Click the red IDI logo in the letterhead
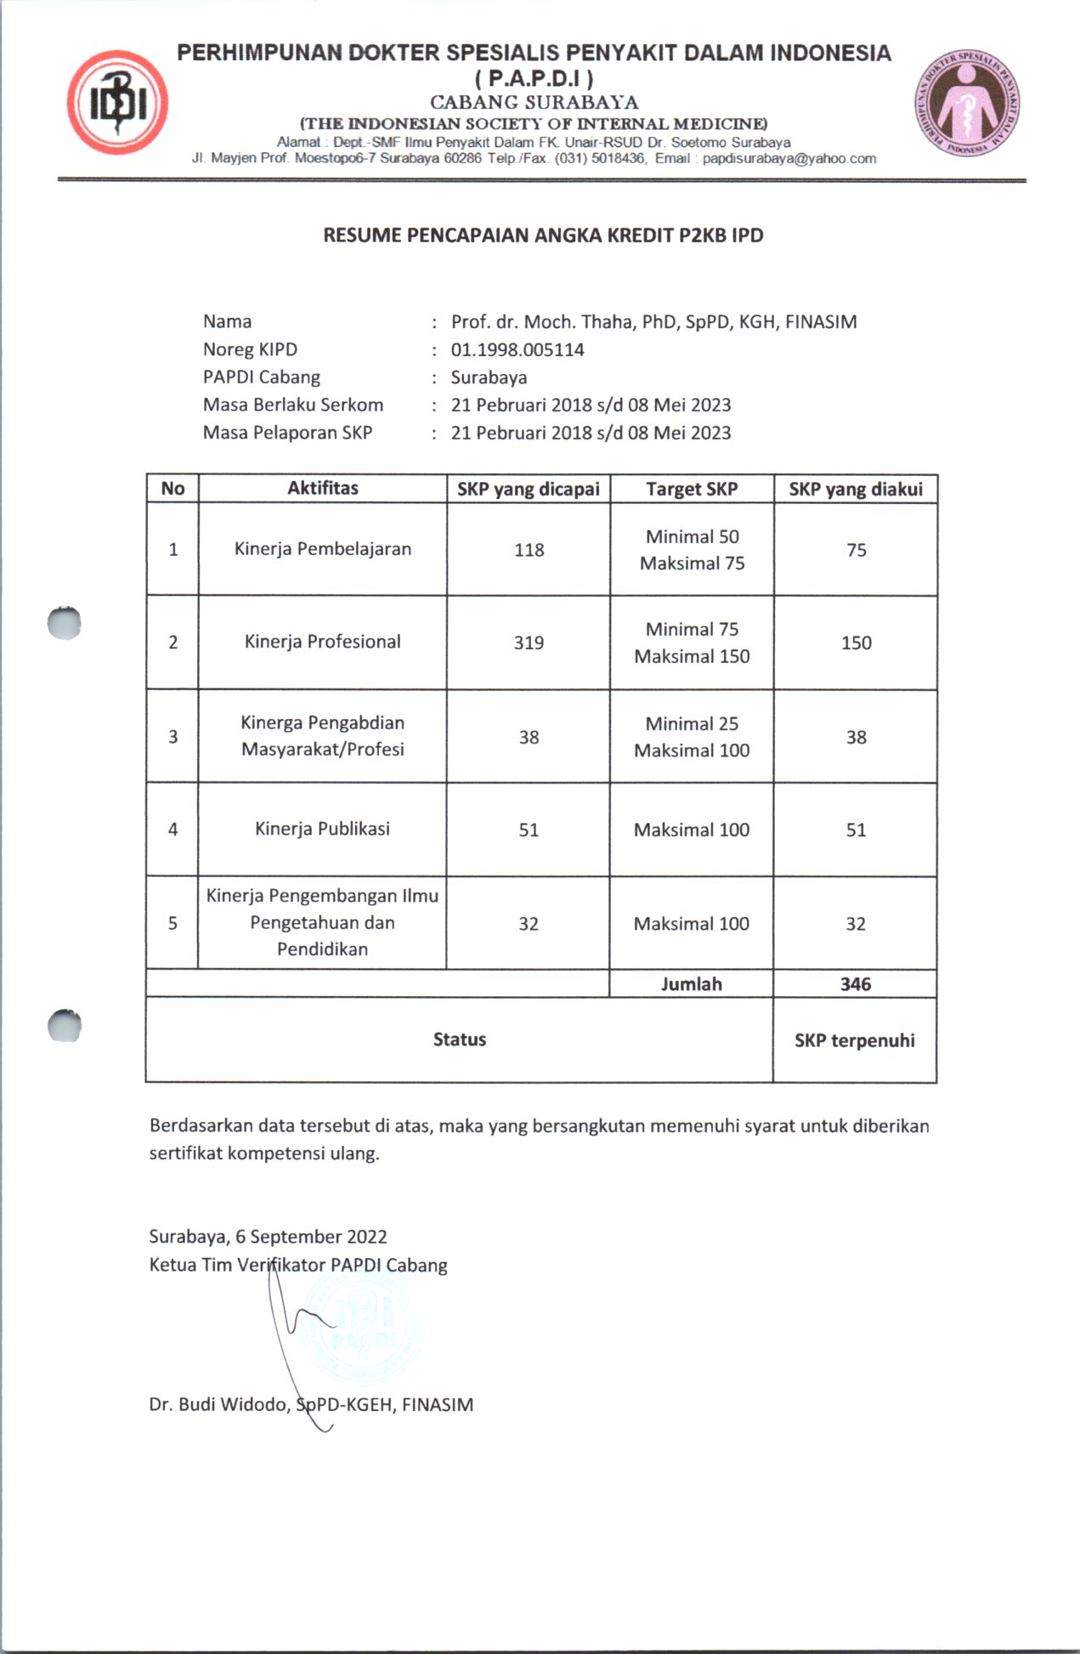(x=117, y=102)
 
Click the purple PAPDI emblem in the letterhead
(x=967, y=104)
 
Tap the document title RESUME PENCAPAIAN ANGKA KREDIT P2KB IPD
(x=543, y=235)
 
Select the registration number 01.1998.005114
(x=517, y=349)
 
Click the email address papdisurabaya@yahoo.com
(x=789, y=158)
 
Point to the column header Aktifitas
(x=323, y=488)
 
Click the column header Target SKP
(x=692, y=489)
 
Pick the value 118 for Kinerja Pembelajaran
(x=529, y=550)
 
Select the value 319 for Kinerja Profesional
(x=529, y=643)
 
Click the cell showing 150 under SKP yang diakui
(x=856, y=643)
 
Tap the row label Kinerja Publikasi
(x=323, y=829)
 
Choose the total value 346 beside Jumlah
(x=856, y=984)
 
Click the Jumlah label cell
(x=692, y=984)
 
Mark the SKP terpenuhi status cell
(x=855, y=1040)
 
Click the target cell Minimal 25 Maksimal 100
(x=692, y=737)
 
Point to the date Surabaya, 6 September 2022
(x=269, y=1237)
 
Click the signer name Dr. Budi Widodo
(x=219, y=1404)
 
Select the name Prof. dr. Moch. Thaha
(x=543, y=322)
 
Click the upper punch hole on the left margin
(x=65, y=624)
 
